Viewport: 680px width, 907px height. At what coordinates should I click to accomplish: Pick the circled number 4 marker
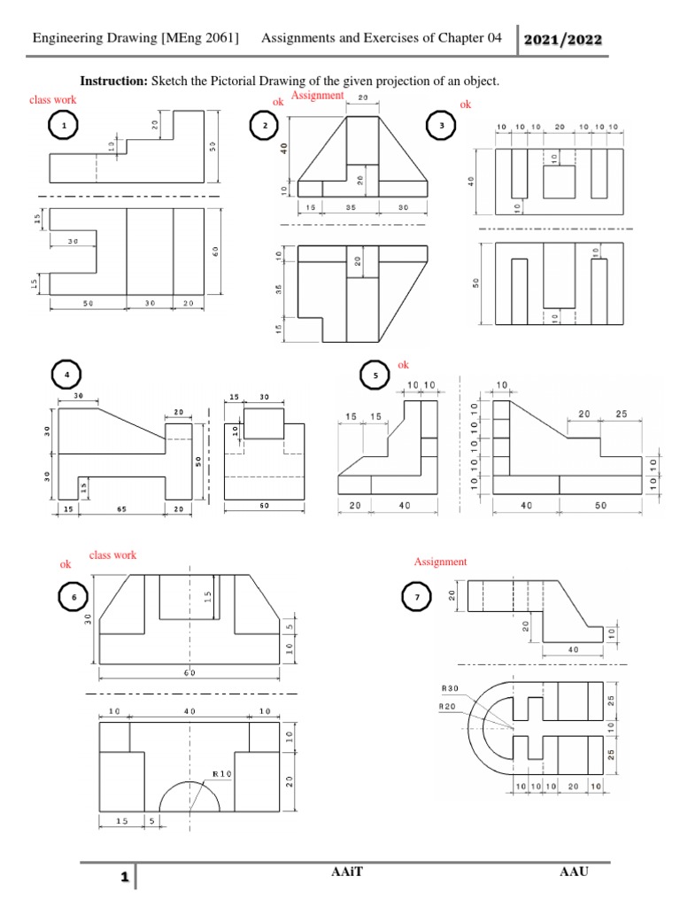[x=66, y=376]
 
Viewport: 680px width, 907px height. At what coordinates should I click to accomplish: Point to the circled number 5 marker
[x=375, y=376]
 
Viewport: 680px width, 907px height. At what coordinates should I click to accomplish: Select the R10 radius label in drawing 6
[x=220, y=773]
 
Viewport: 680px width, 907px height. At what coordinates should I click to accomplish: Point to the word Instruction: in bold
[x=114, y=81]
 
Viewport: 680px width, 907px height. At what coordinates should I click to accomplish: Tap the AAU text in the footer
[x=575, y=872]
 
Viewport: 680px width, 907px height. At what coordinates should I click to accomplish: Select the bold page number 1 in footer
[x=126, y=879]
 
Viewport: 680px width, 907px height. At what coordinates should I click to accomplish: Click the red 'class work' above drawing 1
[x=53, y=100]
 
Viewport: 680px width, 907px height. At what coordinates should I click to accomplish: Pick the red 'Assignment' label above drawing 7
[x=440, y=562]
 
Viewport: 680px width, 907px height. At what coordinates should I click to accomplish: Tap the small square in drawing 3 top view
[x=559, y=182]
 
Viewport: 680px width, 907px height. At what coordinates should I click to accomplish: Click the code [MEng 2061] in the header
[x=200, y=38]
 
